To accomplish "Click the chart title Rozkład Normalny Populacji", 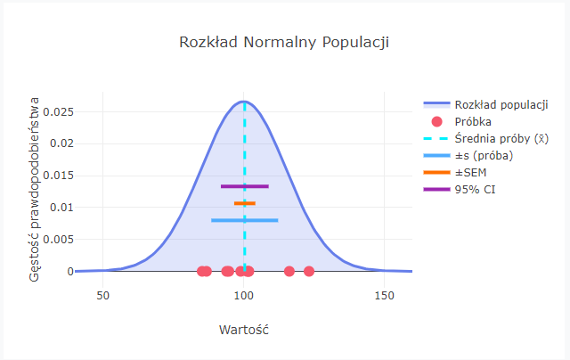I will coord(284,43).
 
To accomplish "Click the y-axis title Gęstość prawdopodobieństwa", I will coord(35,189).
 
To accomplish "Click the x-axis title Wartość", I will coord(243,330).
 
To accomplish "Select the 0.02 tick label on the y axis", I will coord(61,143).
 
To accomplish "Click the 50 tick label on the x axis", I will coord(102,295).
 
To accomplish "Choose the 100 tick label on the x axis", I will coord(243,295).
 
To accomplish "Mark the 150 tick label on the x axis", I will coord(384,295).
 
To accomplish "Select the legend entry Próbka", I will coord(473,121).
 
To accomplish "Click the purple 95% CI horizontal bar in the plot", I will coord(244,186).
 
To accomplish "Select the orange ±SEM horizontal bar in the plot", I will coord(245,203).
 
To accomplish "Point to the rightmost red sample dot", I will coord(309,271).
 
